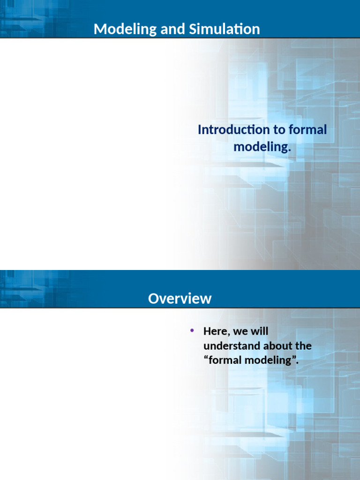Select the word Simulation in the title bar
click(225, 29)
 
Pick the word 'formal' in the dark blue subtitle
click(307, 129)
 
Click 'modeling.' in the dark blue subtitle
click(262, 147)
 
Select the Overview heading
click(180, 299)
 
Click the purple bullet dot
click(192, 330)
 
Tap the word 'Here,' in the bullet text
click(217, 331)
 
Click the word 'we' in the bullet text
click(240, 332)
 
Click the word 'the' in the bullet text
click(304, 346)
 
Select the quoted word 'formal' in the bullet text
click(225, 360)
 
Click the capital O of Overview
click(154, 299)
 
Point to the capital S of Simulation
click(193, 30)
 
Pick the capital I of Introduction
click(199, 130)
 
